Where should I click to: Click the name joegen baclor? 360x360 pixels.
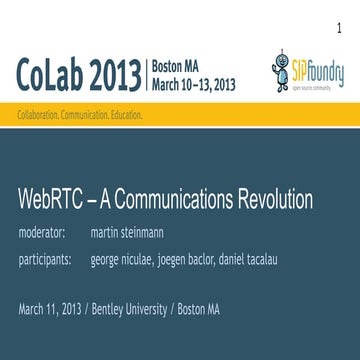click(x=199, y=262)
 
